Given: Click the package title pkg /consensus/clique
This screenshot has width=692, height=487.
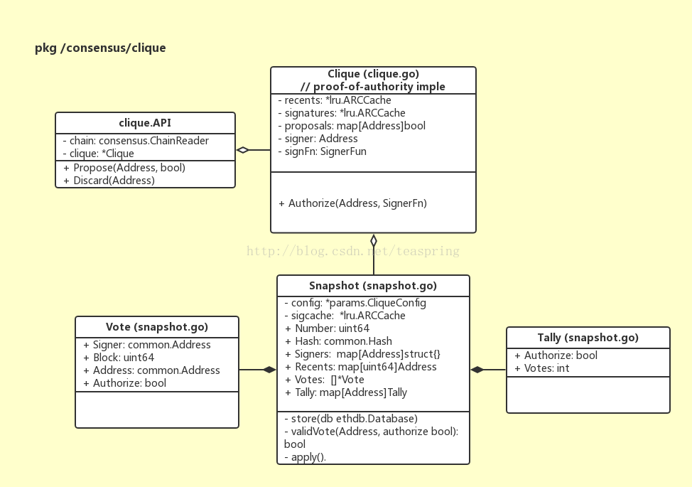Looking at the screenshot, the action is [100, 48].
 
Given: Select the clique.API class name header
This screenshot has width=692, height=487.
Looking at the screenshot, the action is [145, 123].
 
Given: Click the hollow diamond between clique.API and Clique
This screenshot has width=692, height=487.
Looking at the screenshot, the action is [243, 150].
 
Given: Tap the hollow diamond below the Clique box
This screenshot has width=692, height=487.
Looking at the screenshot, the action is [374, 241].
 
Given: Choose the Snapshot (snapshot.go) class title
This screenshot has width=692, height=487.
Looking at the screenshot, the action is [373, 286].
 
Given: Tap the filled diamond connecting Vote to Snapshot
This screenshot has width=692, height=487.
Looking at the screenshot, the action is [270, 370].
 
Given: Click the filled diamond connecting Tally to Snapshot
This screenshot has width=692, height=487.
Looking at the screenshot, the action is [477, 370].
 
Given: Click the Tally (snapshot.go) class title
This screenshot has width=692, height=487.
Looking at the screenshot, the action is [588, 338].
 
